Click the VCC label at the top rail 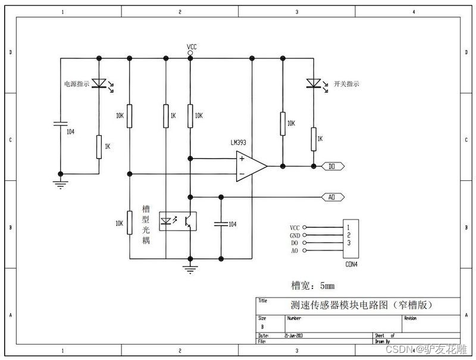click(x=192, y=46)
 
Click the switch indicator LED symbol click(x=312, y=83)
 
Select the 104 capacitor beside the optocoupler click(x=221, y=224)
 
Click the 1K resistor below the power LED click(x=99, y=146)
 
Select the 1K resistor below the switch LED click(x=312, y=139)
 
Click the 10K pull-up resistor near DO click(x=283, y=124)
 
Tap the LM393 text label click(x=239, y=143)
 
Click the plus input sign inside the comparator click(x=242, y=159)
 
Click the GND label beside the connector click(x=295, y=236)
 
